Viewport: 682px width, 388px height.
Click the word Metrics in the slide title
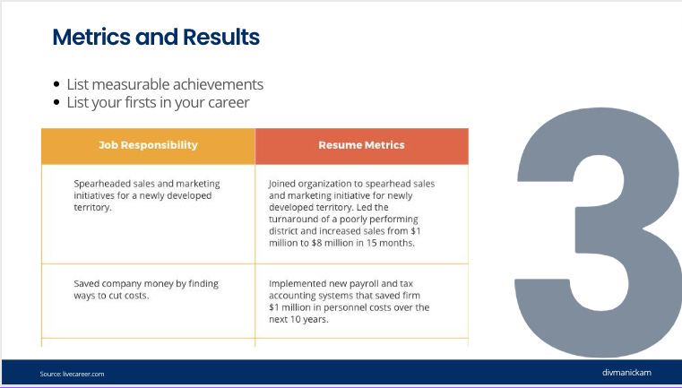tap(91, 37)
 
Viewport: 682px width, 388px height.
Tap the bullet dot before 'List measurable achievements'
tap(56, 84)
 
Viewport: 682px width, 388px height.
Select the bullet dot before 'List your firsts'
tap(56, 102)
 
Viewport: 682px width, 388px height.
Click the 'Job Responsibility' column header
tap(148, 145)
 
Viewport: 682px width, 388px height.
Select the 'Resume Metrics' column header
tap(361, 145)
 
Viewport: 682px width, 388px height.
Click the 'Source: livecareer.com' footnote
tap(73, 374)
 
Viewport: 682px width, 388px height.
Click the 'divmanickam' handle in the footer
tap(626, 373)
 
